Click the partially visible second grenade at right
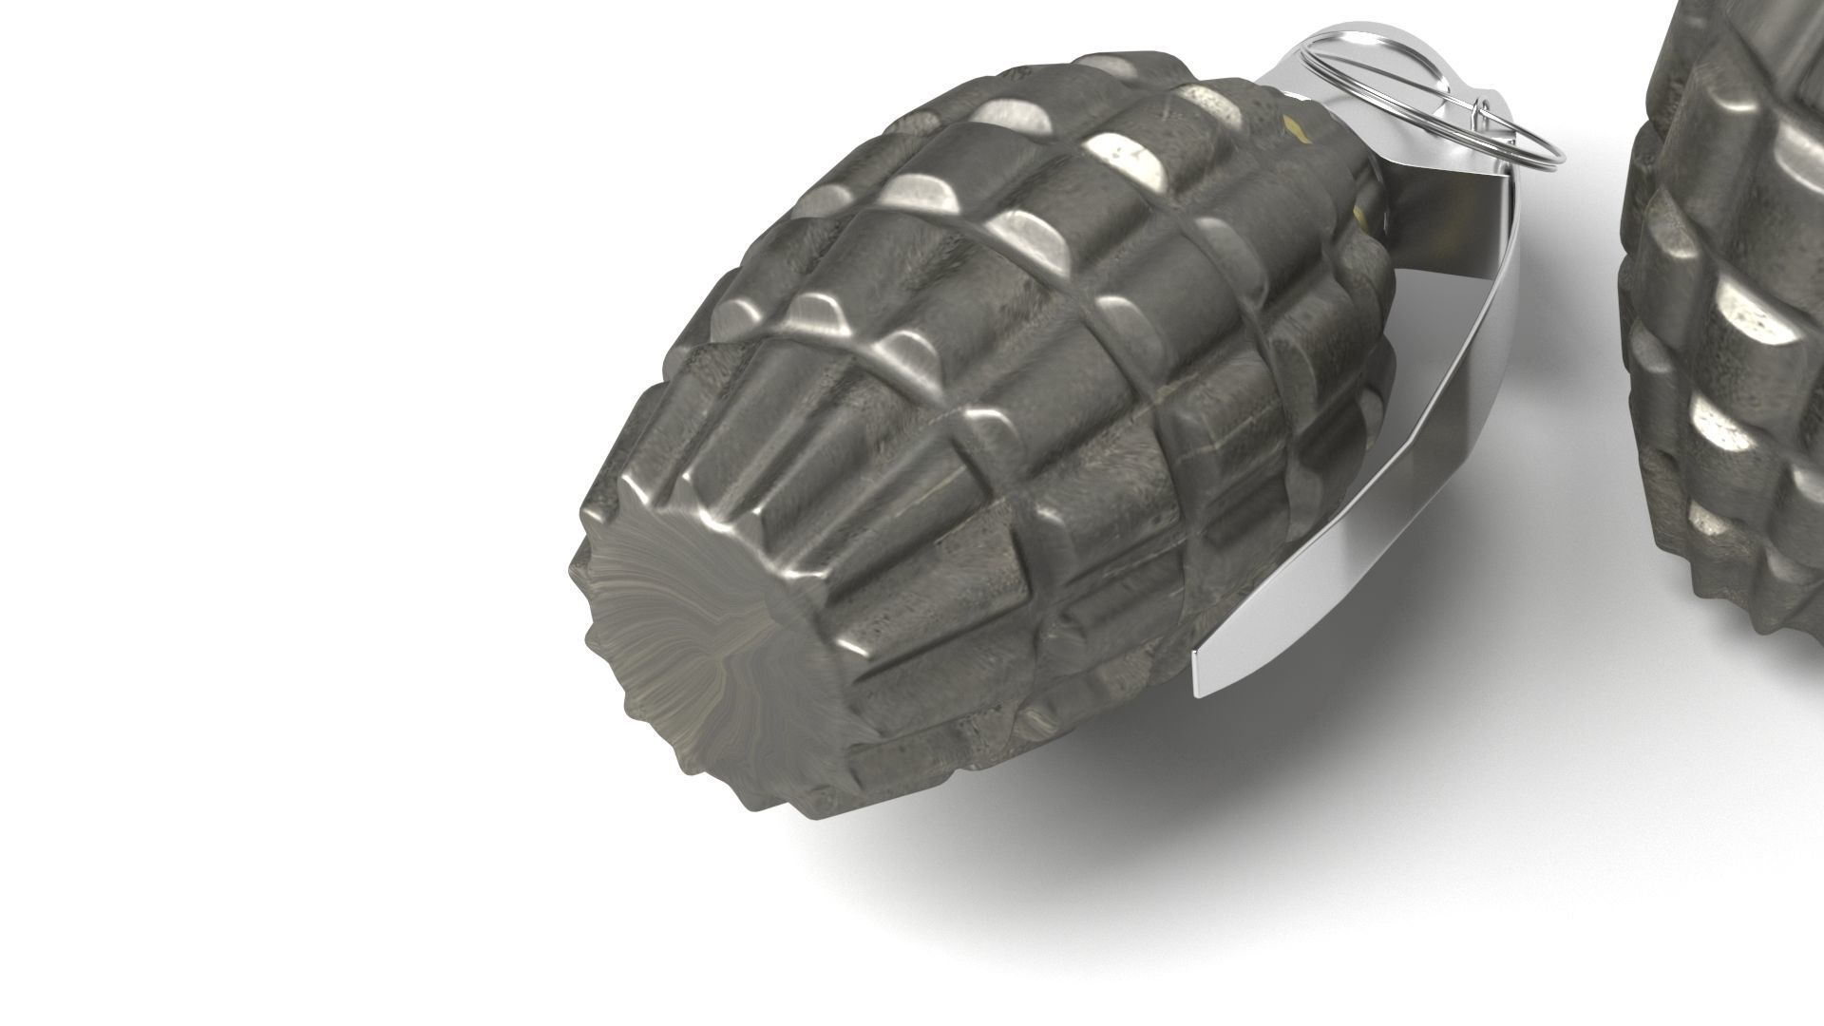(x=1729, y=313)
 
